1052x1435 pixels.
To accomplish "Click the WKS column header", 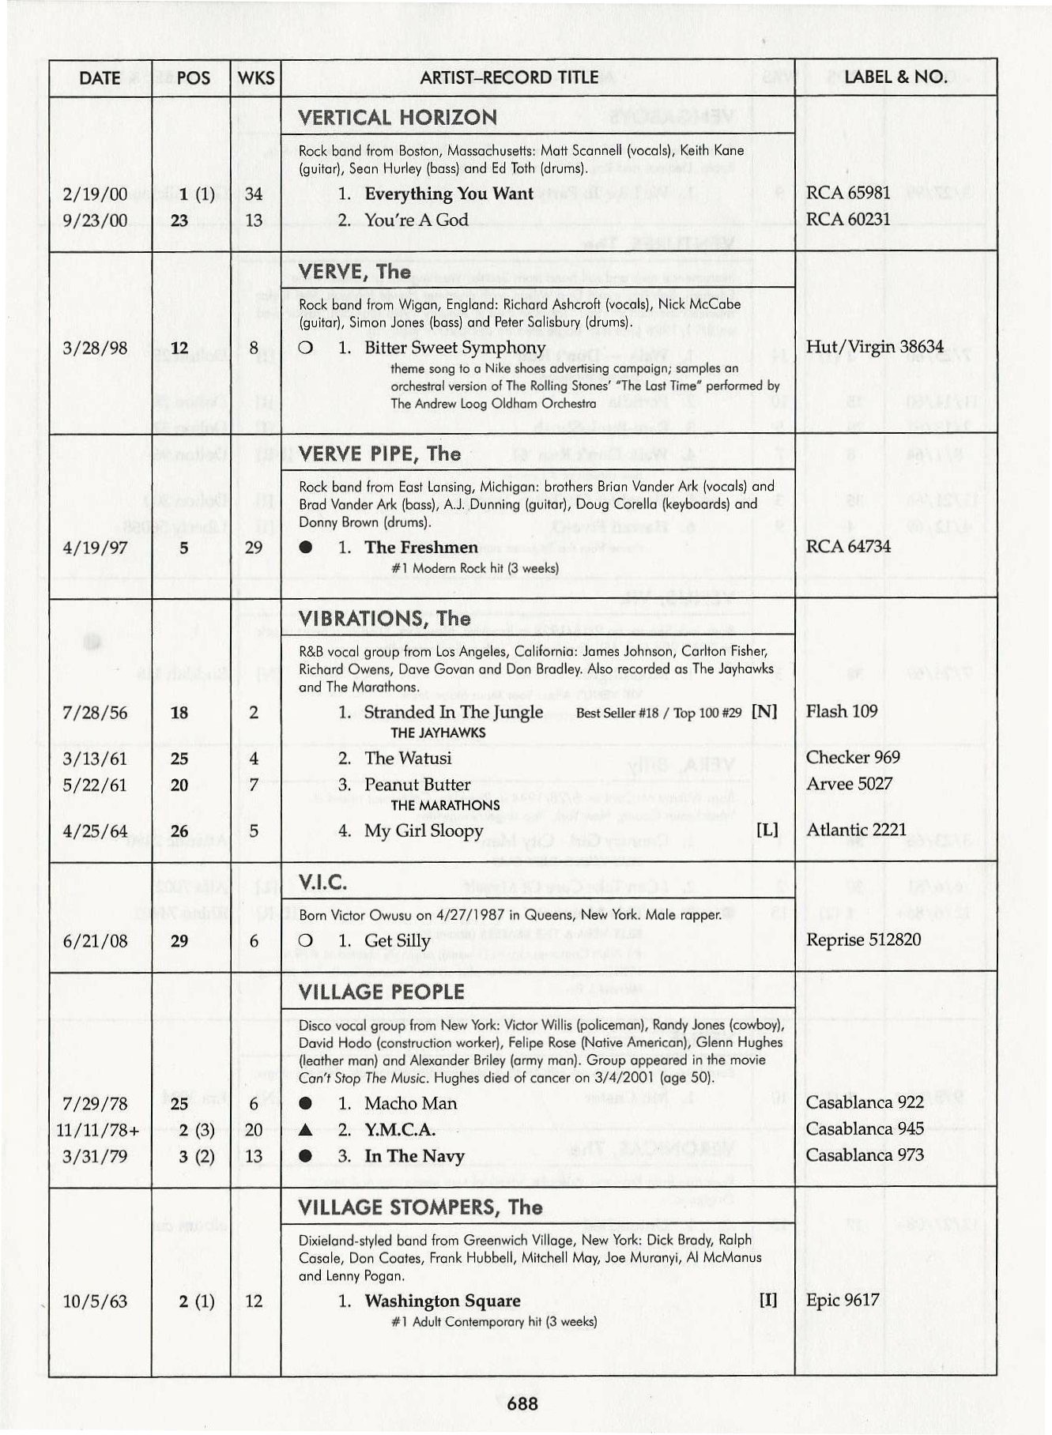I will point(255,77).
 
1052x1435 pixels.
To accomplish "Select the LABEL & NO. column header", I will point(896,77).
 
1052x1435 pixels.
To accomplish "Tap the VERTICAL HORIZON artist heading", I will point(398,118).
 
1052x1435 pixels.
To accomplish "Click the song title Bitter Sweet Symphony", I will point(454,348).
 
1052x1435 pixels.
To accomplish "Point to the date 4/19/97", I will point(94,547).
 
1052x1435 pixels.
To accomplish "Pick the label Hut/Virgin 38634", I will point(874,347).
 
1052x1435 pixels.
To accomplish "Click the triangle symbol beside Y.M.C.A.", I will point(305,1130).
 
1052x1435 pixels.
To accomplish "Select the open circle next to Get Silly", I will point(305,940).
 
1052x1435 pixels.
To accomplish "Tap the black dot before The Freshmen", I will point(305,548).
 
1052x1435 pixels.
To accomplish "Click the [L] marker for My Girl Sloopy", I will point(767,830).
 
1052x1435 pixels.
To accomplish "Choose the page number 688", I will point(522,1403).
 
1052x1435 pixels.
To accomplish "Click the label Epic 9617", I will point(842,1300).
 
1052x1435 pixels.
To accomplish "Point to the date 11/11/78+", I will point(98,1130).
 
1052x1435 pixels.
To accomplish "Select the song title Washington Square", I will point(442,1301).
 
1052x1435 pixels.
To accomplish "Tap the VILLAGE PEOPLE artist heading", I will point(381,992).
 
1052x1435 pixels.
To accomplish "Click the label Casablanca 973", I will point(865,1155).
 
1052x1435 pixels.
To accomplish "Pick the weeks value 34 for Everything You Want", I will point(254,194).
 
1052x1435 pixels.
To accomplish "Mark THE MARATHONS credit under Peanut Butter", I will point(445,805).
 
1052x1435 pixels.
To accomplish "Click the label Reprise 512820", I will point(863,940).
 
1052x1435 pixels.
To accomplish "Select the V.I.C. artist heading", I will point(323,883).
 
